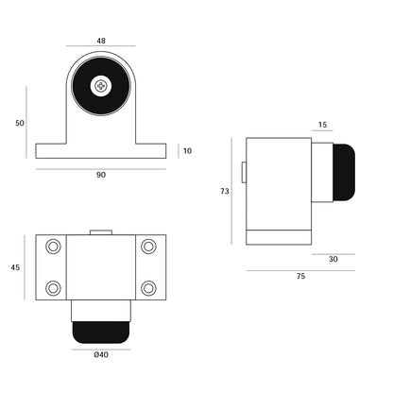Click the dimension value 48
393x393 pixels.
click(x=101, y=41)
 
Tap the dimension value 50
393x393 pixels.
click(x=20, y=123)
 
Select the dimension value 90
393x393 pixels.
click(x=101, y=175)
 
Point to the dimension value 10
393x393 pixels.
click(x=187, y=151)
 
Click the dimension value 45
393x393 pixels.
click(x=15, y=267)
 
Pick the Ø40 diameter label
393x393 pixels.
click(x=101, y=354)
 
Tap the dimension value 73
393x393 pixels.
click(x=225, y=191)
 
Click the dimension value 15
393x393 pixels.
click(x=322, y=125)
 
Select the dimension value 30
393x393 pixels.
click(x=333, y=259)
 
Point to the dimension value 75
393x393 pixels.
click(x=300, y=276)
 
